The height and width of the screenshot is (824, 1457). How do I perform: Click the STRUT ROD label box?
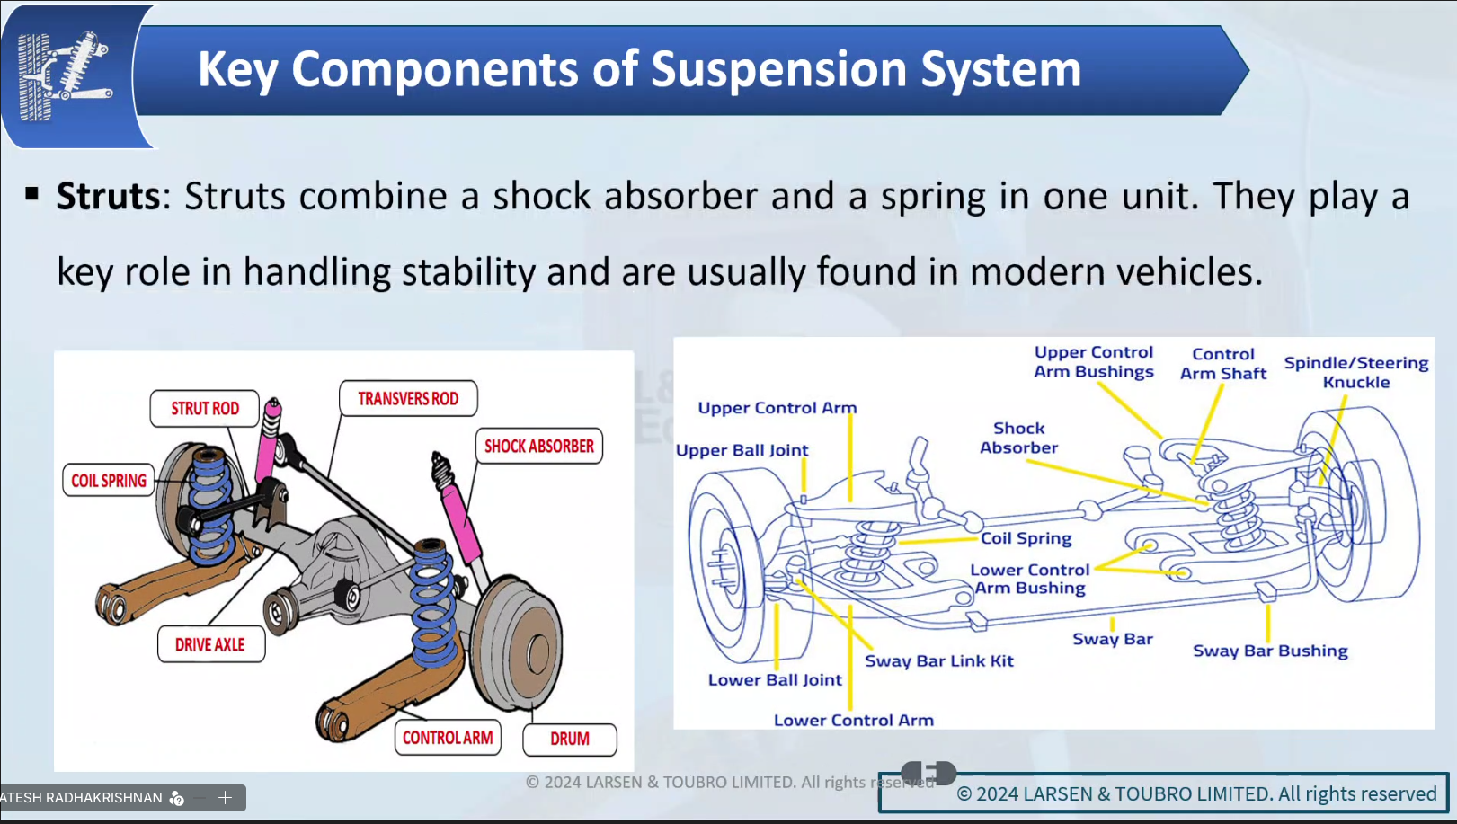tap(205, 408)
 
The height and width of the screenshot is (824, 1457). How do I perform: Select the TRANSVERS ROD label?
tap(408, 398)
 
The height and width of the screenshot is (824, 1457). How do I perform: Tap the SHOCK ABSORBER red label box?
tap(538, 446)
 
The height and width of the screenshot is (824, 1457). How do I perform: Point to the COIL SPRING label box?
tap(109, 481)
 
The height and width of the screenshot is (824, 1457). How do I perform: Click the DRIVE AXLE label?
tap(210, 644)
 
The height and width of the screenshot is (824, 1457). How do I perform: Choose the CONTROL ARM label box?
tap(447, 738)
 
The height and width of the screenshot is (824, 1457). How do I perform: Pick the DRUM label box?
tap(570, 739)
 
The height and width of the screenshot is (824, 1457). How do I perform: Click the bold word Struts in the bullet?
tap(108, 196)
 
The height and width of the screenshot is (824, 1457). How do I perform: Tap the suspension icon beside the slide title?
tap(65, 75)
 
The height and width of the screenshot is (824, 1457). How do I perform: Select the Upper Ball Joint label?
tap(742, 450)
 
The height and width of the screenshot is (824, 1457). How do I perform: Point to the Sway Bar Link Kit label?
tap(939, 661)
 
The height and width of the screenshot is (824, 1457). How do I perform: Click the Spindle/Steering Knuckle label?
tap(1356, 372)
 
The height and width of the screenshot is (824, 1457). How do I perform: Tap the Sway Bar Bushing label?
tap(1270, 651)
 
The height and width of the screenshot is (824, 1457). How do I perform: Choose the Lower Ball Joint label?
tap(775, 680)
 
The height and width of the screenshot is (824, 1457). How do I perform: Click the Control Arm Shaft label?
tap(1223, 364)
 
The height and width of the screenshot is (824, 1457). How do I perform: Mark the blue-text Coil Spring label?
tap(1026, 538)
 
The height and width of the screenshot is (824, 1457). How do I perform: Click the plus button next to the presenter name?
tap(226, 797)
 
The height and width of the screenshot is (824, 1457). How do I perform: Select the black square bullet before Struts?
tap(32, 193)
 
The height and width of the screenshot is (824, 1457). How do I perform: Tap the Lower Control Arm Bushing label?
tap(1030, 579)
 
